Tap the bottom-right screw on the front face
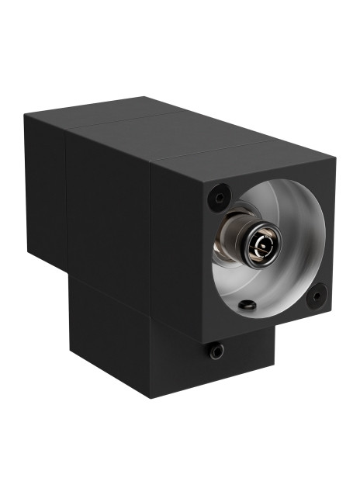click(316, 296)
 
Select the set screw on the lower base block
click(216, 351)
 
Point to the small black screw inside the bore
click(247, 305)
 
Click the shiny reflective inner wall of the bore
click(299, 233)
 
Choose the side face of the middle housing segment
click(109, 209)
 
